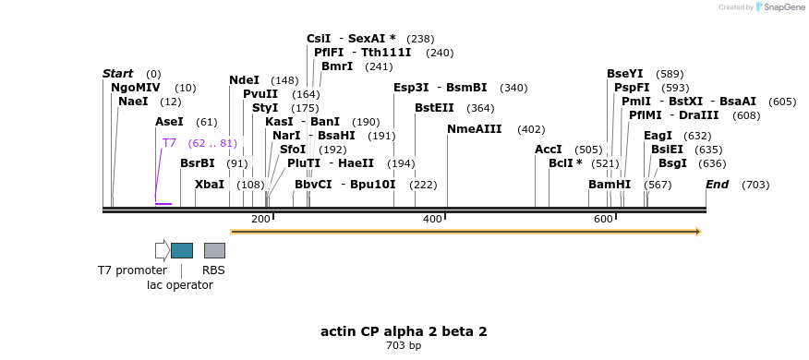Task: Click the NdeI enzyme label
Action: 244,80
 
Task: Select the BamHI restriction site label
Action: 609,185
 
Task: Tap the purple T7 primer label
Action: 169,143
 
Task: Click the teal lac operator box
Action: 182,250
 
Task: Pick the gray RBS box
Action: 214,250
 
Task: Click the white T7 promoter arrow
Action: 162,250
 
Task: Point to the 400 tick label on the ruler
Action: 432,219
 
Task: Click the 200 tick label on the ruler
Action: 260,219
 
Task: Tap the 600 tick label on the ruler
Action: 603,219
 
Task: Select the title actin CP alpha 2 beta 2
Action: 404,331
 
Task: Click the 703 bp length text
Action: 404,346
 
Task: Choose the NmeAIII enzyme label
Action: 476,129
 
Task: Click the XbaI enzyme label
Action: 210,185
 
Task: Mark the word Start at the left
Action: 117,74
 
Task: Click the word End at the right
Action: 717,185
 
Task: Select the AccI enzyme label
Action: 548,150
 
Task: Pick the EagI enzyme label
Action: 658,136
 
